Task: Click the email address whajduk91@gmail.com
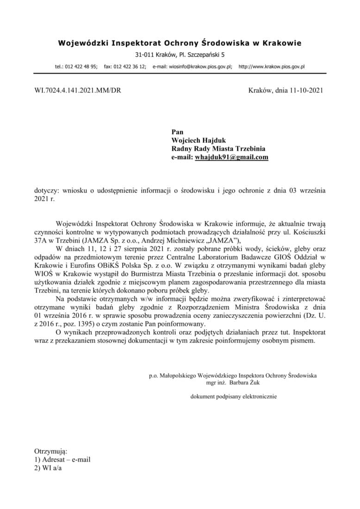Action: coord(232,157)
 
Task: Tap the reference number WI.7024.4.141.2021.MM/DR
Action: coord(78,91)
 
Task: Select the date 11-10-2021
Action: coord(305,91)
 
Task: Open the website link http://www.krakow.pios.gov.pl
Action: coord(271,67)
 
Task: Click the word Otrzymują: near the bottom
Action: coord(51,451)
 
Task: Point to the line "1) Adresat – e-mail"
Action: coord(62,459)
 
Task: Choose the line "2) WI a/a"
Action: coord(48,468)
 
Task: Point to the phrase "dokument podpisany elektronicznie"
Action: coord(234,397)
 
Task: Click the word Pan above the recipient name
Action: coord(178,132)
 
